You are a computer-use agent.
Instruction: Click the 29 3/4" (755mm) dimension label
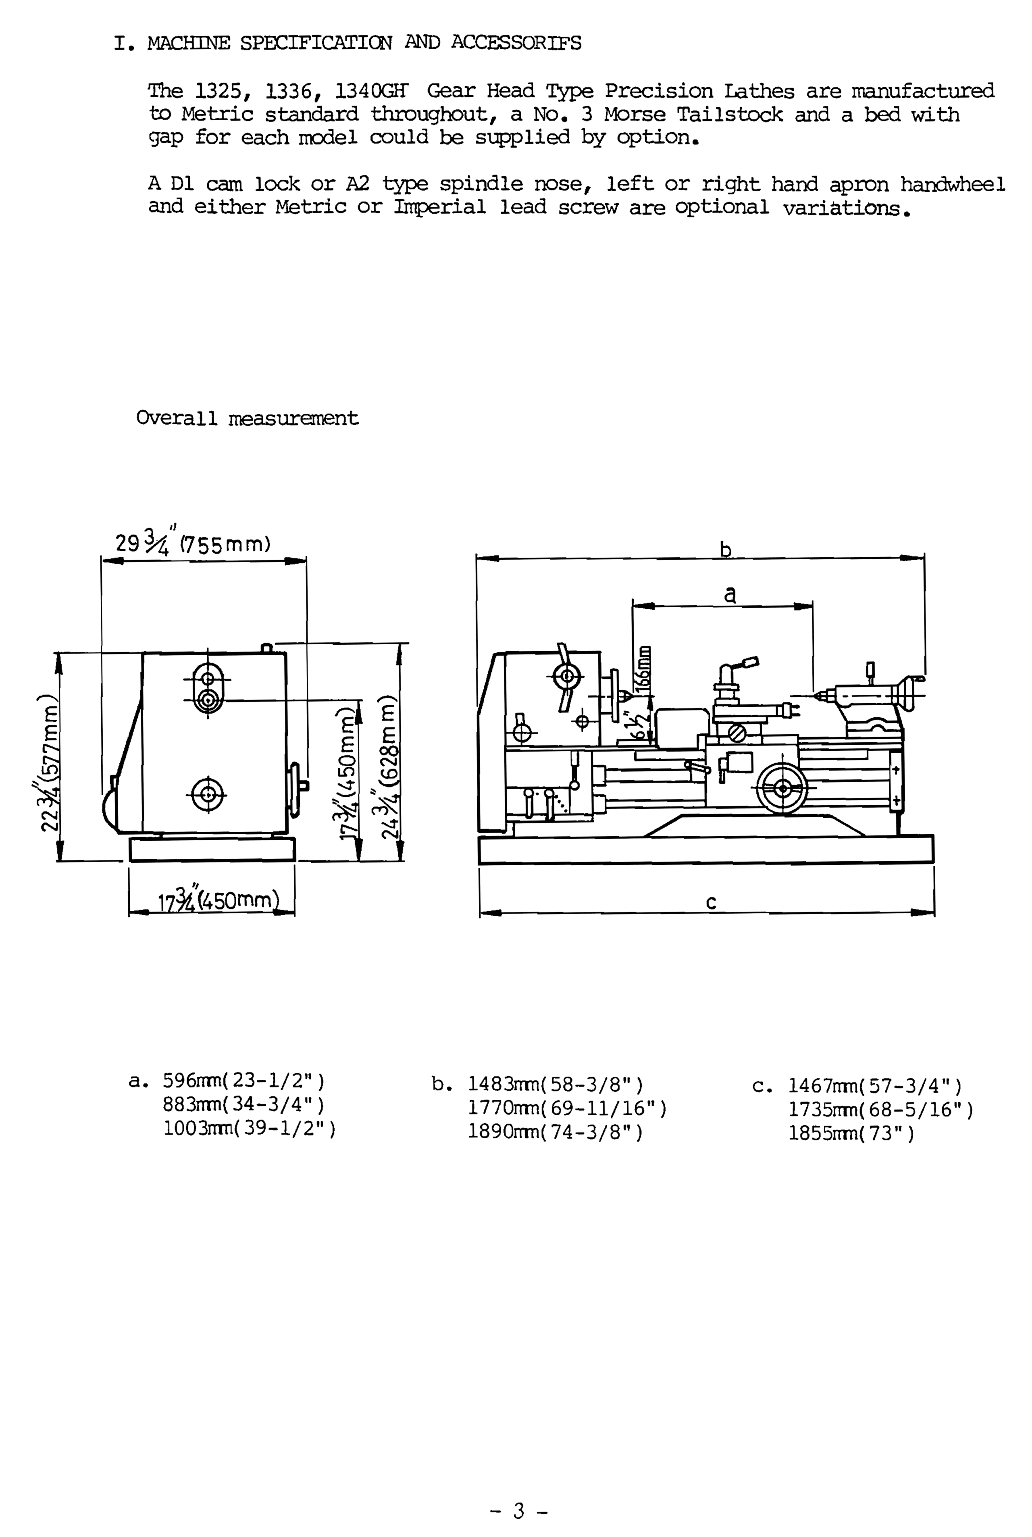pyautogui.click(x=193, y=544)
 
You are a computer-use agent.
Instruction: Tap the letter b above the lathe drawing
pyautogui.click(x=725, y=549)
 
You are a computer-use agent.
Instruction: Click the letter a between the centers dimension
pyautogui.click(x=729, y=594)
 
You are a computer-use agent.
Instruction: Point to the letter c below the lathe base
pyautogui.click(x=711, y=902)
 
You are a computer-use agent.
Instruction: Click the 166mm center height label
pyautogui.click(x=646, y=666)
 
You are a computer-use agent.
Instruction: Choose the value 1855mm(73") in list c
pyautogui.click(x=851, y=1133)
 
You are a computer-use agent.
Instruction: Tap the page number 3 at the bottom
pyautogui.click(x=519, y=1492)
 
